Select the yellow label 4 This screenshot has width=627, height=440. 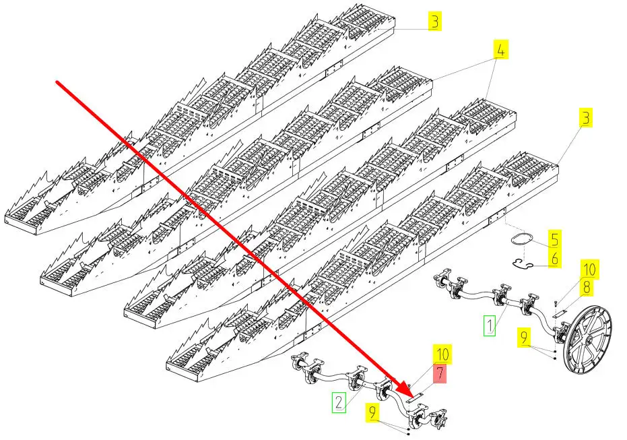[501, 50]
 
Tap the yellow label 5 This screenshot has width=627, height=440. [554, 239]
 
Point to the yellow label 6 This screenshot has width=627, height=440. [554, 258]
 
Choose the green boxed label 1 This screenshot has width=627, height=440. [490, 327]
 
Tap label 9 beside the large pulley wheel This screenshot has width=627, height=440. [523, 337]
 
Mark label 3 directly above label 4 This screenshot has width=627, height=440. [436, 22]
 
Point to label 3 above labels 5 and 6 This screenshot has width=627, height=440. [587, 119]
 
